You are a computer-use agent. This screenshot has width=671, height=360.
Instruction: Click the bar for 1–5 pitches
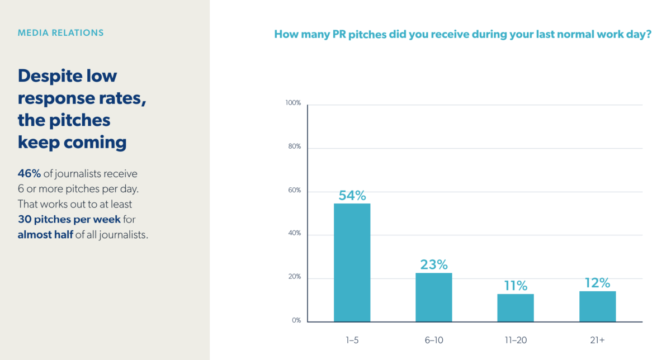(352, 262)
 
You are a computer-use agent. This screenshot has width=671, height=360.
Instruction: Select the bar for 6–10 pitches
(433, 297)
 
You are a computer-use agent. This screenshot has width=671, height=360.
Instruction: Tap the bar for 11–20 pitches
(516, 307)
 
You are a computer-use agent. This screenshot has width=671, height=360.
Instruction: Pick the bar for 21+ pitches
(597, 306)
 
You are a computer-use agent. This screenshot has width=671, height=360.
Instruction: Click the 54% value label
(352, 196)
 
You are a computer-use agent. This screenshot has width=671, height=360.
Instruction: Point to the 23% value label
(434, 264)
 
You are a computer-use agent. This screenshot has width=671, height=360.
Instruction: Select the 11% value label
(516, 286)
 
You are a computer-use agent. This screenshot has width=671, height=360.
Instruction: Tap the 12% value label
(597, 283)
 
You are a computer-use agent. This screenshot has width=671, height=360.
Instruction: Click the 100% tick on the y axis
(293, 103)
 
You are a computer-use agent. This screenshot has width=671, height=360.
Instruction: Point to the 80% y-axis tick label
(294, 146)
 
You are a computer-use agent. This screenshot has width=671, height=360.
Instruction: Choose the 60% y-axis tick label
(294, 191)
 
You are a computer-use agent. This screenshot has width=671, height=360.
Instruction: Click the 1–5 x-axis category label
(352, 340)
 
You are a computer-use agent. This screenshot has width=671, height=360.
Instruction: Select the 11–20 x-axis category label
(516, 340)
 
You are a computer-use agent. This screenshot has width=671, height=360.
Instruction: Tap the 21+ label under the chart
(597, 340)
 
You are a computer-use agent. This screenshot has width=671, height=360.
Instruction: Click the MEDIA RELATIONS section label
(60, 33)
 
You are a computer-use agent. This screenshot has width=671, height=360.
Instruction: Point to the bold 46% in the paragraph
(29, 173)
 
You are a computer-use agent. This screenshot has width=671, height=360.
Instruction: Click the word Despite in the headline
(50, 76)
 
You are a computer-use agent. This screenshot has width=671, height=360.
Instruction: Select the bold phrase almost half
(45, 235)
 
